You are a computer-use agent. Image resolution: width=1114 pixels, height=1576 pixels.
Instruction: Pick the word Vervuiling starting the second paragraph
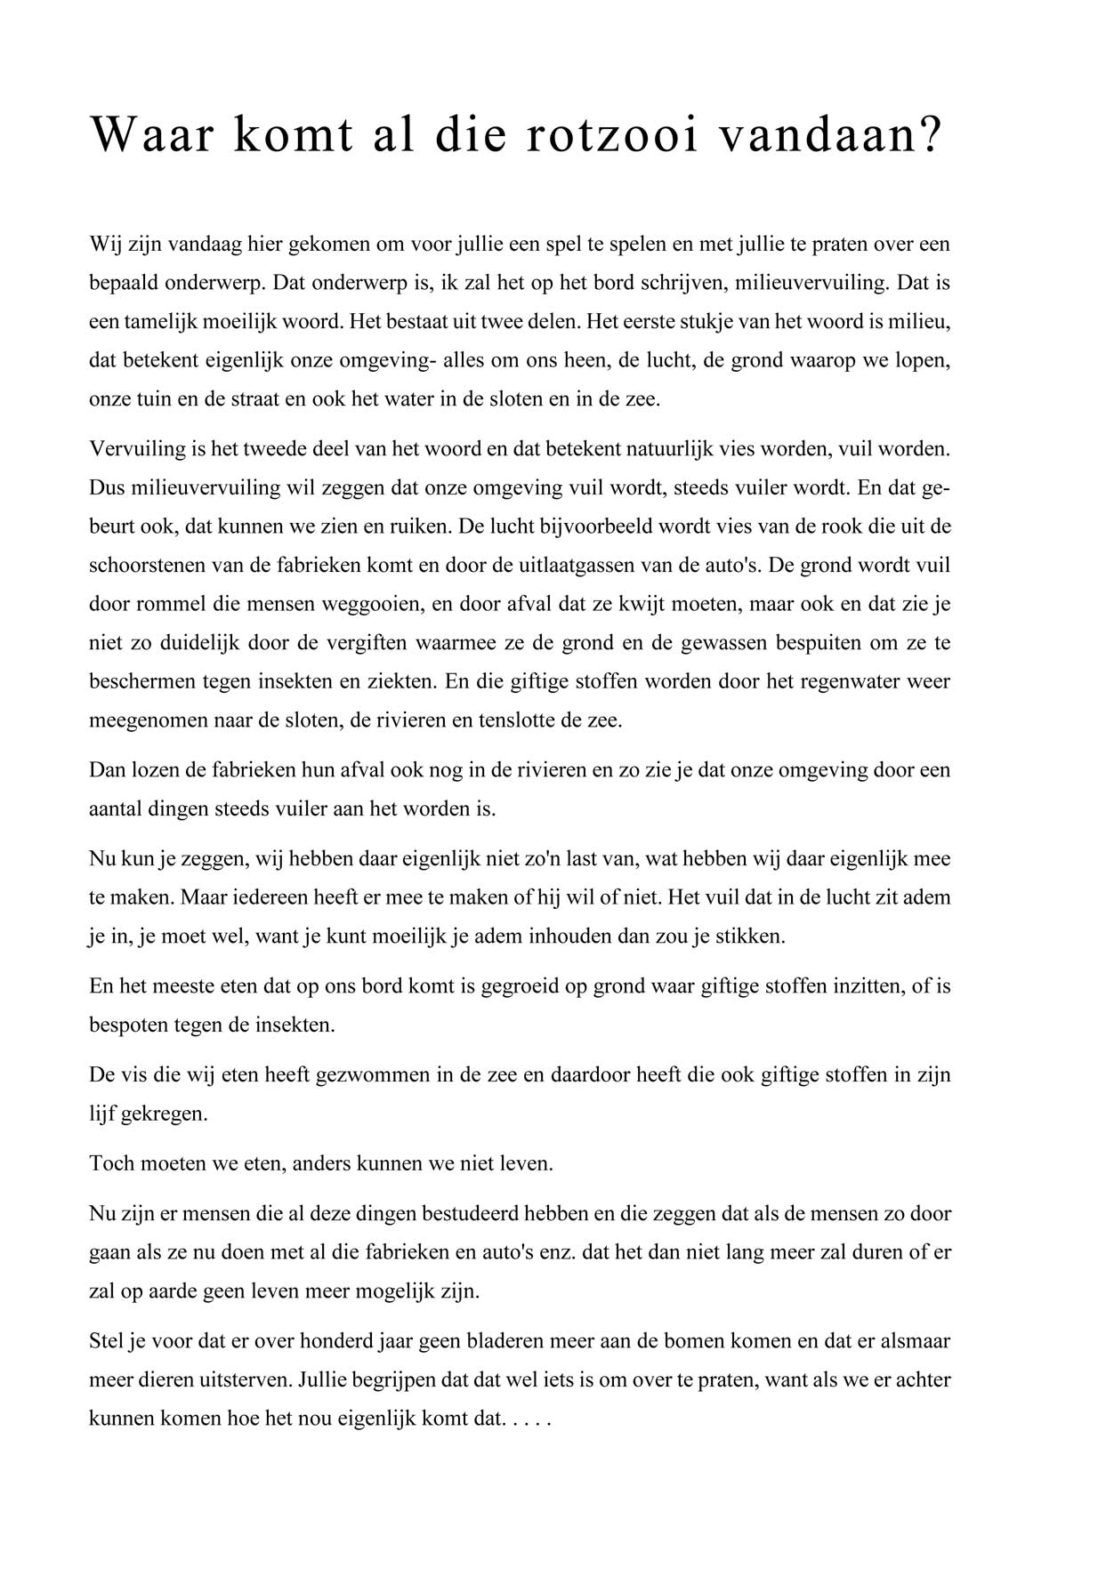tap(137, 448)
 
